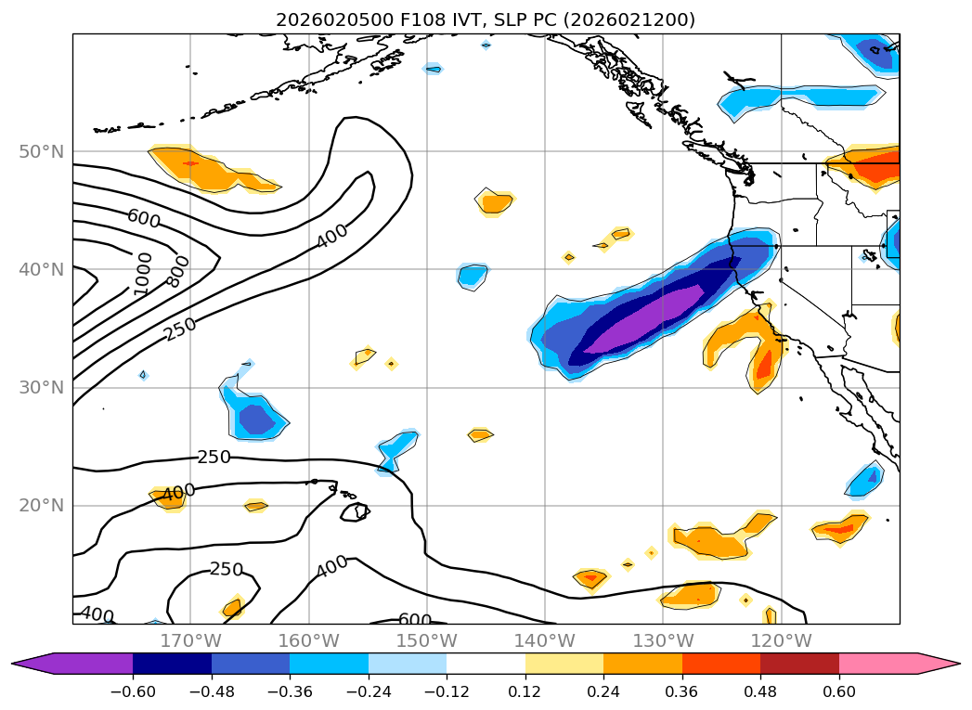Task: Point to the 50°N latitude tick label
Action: point(43,151)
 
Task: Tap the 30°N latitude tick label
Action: point(43,387)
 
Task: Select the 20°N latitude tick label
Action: point(43,506)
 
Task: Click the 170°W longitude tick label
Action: point(190,640)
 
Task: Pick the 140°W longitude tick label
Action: point(544,640)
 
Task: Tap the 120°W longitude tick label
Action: point(781,640)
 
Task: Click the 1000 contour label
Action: point(142,274)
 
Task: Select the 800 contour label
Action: point(177,269)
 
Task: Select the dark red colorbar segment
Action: point(799,664)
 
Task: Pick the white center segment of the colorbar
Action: point(486,664)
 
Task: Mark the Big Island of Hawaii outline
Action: point(355,511)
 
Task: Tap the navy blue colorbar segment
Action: point(172,664)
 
